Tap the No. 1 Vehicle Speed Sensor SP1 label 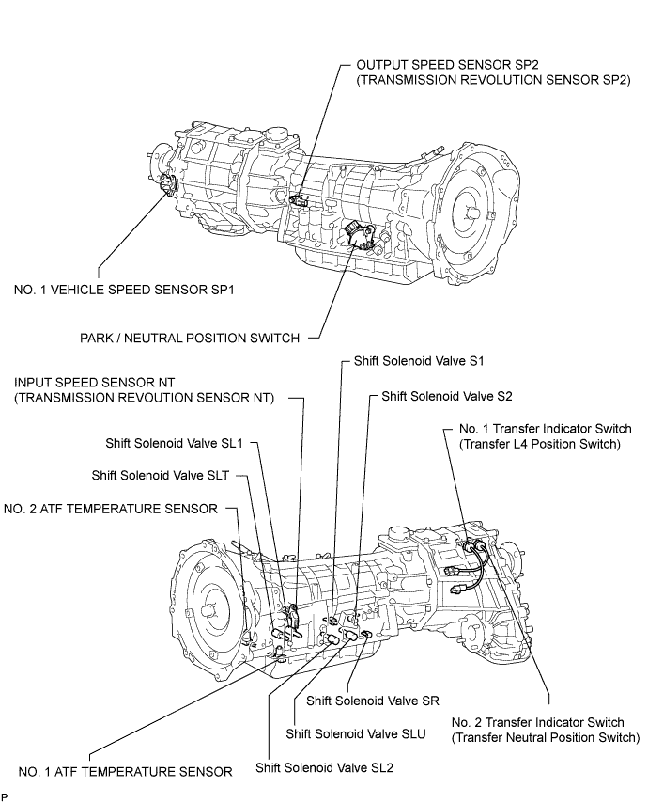(x=124, y=290)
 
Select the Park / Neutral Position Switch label (x=190, y=338)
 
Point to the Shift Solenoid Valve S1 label (x=419, y=361)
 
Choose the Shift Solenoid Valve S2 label (x=447, y=396)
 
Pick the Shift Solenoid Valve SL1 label (x=174, y=443)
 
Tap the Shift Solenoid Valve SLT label (x=160, y=476)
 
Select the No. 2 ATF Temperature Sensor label (x=111, y=509)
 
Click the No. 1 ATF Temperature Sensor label (x=125, y=772)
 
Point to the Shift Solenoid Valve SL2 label (x=324, y=768)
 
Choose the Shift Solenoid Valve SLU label (x=356, y=734)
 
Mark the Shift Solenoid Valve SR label (x=373, y=701)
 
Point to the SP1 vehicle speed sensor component (x=167, y=184)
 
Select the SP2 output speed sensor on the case (x=297, y=200)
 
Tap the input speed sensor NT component (x=293, y=616)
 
